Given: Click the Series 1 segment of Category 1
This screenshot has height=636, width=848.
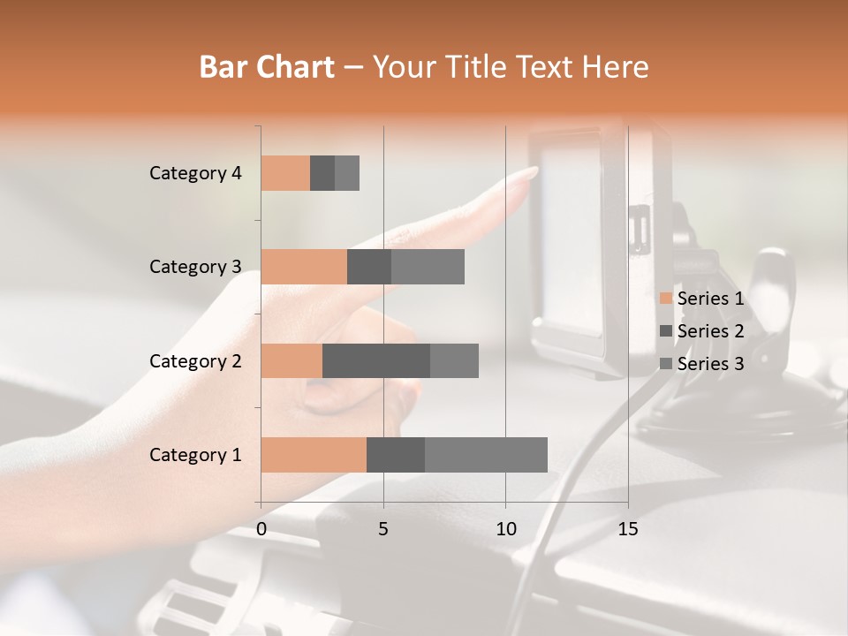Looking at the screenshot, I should pyautogui.click(x=314, y=455).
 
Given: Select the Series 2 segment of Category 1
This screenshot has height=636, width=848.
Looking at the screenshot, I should pyautogui.click(x=396, y=455).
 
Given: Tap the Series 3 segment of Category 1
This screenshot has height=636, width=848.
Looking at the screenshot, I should pyautogui.click(x=486, y=455).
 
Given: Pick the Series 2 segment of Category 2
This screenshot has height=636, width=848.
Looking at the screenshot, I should pyautogui.click(x=376, y=360).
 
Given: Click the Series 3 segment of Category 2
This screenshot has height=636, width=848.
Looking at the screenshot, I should pyautogui.click(x=454, y=360).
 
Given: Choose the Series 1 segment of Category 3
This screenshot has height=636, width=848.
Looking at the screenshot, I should pyautogui.click(x=304, y=267).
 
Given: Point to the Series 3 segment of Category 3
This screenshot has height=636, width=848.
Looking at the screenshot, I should pyautogui.click(x=428, y=267).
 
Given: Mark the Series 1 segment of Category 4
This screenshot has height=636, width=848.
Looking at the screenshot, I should pyautogui.click(x=285, y=173).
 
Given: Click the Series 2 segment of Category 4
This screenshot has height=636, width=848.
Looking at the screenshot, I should pyautogui.click(x=322, y=173).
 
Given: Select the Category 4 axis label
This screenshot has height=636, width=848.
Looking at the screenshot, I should pyautogui.click(x=195, y=173).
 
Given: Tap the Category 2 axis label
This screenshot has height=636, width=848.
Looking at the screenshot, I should pyautogui.click(x=195, y=360).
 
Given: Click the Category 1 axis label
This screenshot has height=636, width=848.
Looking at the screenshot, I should pyautogui.click(x=195, y=455).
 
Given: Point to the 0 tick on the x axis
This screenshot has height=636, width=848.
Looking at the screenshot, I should pyautogui.click(x=261, y=529).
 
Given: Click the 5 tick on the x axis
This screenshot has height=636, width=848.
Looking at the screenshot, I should pyautogui.click(x=383, y=529).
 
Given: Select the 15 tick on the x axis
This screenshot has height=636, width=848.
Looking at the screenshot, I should pyautogui.click(x=628, y=529).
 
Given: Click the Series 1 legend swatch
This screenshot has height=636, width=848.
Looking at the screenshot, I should pyautogui.click(x=665, y=299).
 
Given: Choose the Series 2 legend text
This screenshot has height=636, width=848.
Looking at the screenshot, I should pyautogui.click(x=710, y=331).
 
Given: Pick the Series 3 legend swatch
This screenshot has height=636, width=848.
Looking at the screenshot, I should pyautogui.click(x=665, y=364).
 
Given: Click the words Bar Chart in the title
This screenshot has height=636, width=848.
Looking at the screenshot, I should pyautogui.click(x=267, y=67).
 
